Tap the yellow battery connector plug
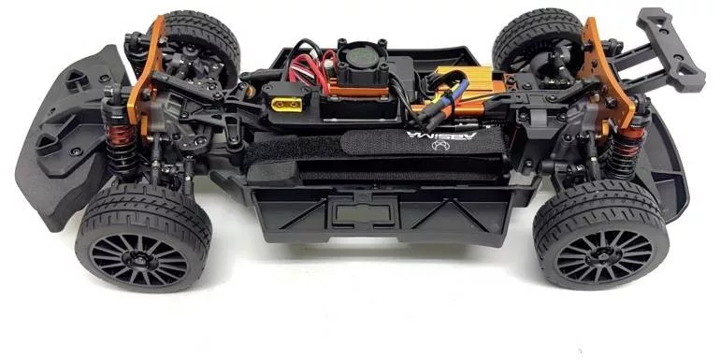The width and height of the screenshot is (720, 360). tap(286, 105)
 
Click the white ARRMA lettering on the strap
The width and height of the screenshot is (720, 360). tap(441, 137)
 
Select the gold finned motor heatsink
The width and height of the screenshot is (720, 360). tap(464, 85)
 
